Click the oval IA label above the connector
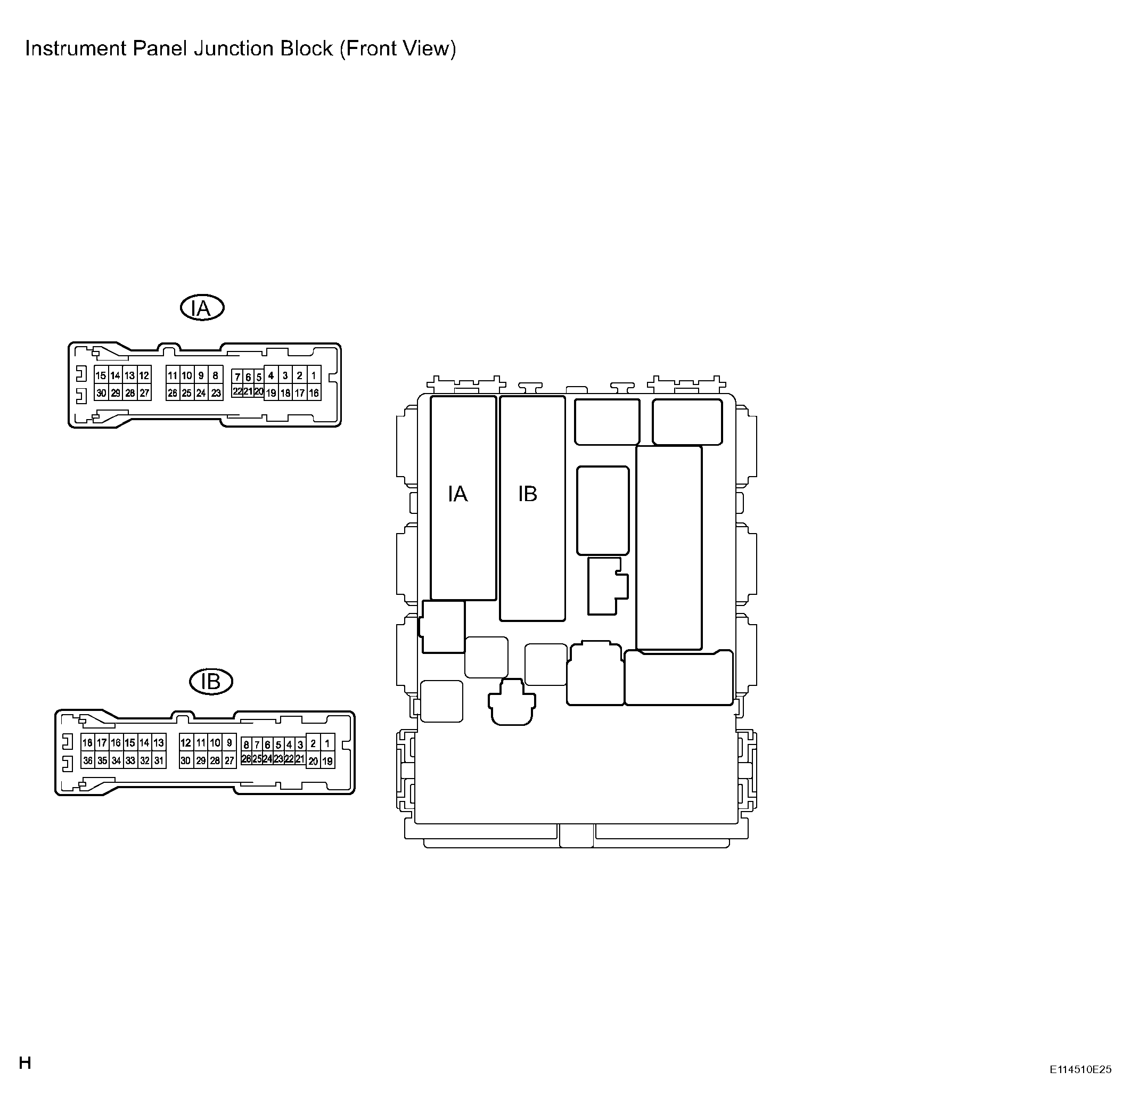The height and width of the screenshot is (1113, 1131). point(202,308)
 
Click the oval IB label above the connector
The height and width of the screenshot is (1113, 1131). point(211,682)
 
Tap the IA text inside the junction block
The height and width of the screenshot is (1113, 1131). point(457,495)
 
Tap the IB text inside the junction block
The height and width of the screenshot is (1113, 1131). point(527,495)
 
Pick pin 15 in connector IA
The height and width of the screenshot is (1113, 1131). point(101,375)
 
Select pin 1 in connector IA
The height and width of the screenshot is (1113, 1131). point(314,375)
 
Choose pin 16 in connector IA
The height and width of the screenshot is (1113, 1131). point(314,393)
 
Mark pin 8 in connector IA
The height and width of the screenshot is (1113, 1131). point(216,375)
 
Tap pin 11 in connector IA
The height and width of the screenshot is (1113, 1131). point(173,375)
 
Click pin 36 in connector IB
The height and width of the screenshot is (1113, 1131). point(88,760)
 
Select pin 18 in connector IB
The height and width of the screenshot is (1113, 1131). point(88,743)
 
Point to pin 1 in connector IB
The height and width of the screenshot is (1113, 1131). point(327,743)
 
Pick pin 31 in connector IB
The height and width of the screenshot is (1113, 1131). point(158,760)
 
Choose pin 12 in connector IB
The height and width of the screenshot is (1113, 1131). point(186,743)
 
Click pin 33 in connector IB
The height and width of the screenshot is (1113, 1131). point(130,760)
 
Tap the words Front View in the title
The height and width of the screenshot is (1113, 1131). point(397,48)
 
